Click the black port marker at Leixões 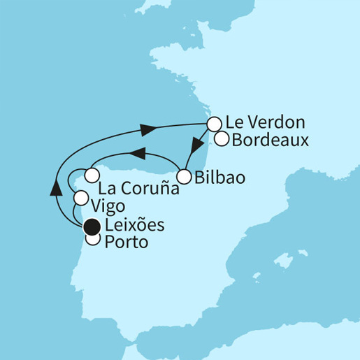pyautogui.click(x=92, y=226)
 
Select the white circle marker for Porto pyautogui.click(x=92, y=239)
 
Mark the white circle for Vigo pyautogui.click(x=82, y=198)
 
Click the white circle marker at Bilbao pyautogui.click(x=185, y=176)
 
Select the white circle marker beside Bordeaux pyautogui.click(x=222, y=138)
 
